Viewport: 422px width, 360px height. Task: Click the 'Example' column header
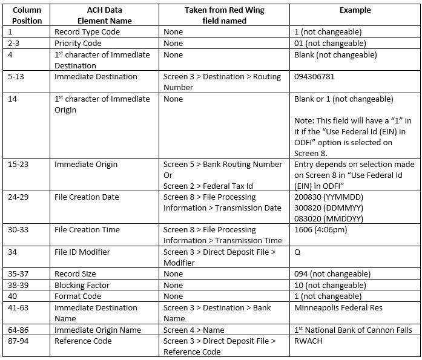355,10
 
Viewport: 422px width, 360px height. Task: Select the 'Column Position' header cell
27,15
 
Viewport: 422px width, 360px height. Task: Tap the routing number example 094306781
314,77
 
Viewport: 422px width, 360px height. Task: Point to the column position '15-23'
21,165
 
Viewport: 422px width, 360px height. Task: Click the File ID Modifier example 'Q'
298,252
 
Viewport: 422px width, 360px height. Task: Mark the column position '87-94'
22,341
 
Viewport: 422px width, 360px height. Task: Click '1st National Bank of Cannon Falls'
353,330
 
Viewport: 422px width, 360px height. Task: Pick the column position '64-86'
22,330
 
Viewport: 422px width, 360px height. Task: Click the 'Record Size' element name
76,274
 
